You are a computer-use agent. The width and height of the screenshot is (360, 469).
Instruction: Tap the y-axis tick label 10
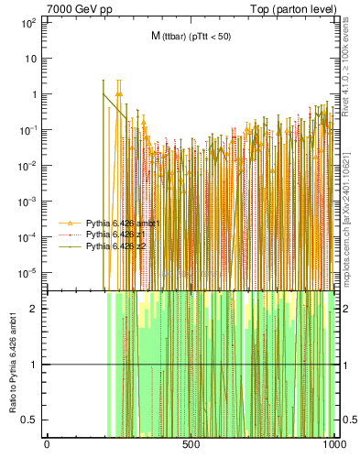point(30,58)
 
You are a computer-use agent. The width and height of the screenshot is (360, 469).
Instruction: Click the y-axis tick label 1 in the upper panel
point(33,93)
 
